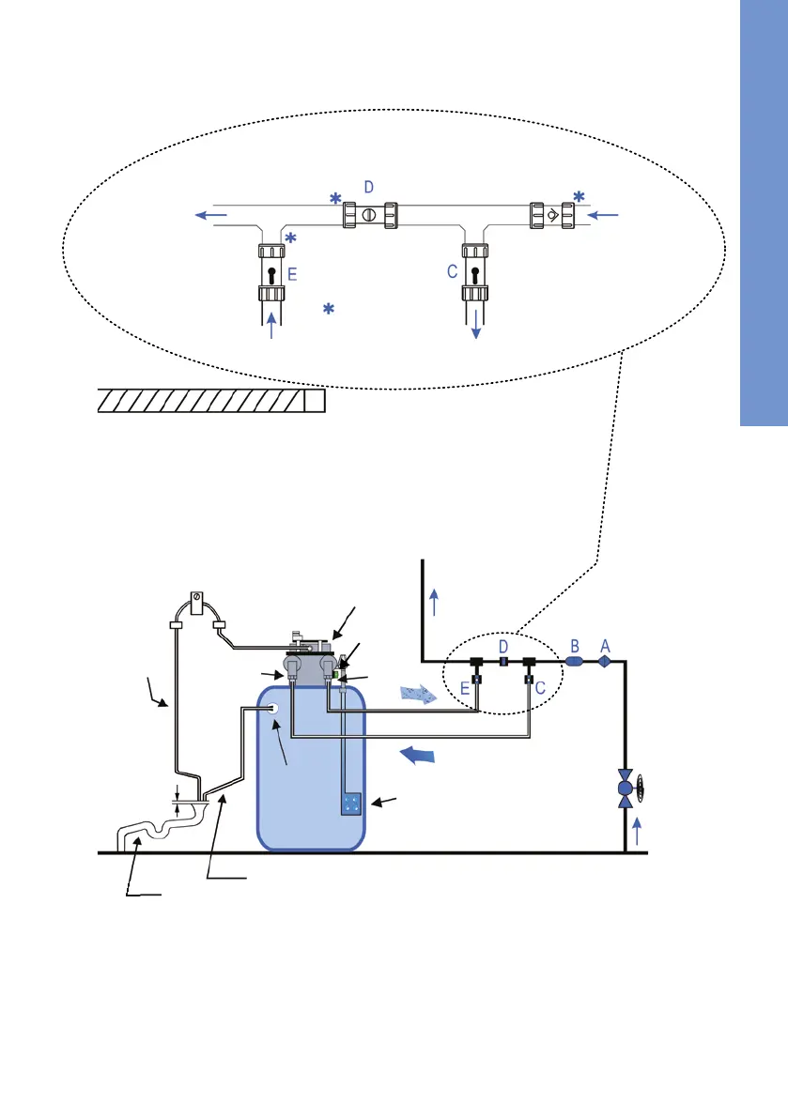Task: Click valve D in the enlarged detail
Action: pyautogui.click(x=368, y=214)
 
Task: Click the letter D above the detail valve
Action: pyautogui.click(x=368, y=187)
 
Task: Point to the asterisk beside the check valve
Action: pyautogui.click(x=579, y=195)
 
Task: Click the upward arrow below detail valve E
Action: pyautogui.click(x=272, y=327)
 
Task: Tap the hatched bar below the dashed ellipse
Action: pyautogui.click(x=211, y=401)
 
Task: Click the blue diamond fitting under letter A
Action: pyautogui.click(x=605, y=661)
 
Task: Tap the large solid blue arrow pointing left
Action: pyautogui.click(x=419, y=755)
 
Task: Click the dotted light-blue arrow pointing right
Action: pyautogui.click(x=417, y=695)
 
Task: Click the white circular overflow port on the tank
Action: pyautogui.click(x=275, y=711)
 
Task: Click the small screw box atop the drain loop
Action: pyautogui.click(x=198, y=600)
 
